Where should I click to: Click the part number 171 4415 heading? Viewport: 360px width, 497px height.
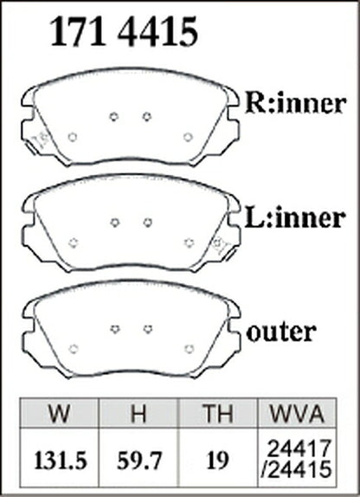pyautogui.click(x=124, y=31)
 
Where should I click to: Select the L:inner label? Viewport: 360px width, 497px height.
pyautogui.click(x=294, y=217)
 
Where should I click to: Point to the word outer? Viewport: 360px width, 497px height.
pyautogui.click(x=281, y=332)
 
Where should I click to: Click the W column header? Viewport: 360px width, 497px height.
pyautogui.click(x=59, y=413)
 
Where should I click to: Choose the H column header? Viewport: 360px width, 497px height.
pyautogui.click(x=138, y=413)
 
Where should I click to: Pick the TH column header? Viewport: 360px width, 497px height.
pyautogui.click(x=218, y=413)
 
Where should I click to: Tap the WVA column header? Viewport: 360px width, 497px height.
pyautogui.click(x=297, y=413)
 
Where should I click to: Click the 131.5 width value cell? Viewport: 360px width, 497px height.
pyautogui.click(x=61, y=461)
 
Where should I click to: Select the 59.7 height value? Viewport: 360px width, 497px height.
pyautogui.click(x=139, y=461)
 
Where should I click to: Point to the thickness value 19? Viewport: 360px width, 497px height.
pyautogui.click(x=218, y=461)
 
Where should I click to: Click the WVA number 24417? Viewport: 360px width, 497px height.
pyautogui.click(x=299, y=449)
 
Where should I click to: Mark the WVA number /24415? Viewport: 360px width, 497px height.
pyautogui.click(x=297, y=470)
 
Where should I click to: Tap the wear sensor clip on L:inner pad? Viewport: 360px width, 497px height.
pyautogui.click(x=222, y=247)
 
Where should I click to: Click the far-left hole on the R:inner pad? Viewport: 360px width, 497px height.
pyautogui.click(x=73, y=138)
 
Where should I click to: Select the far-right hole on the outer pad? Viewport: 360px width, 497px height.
pyautogui.click(x=190, y=349)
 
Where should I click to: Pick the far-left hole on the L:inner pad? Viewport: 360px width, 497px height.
pyautogui.click(x=74, y=243)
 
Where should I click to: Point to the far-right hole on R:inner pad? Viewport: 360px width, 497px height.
pyautogui.click(x=189, y=138)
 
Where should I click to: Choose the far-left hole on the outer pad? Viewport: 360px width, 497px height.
pyautogui.click(x=74, y=349)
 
